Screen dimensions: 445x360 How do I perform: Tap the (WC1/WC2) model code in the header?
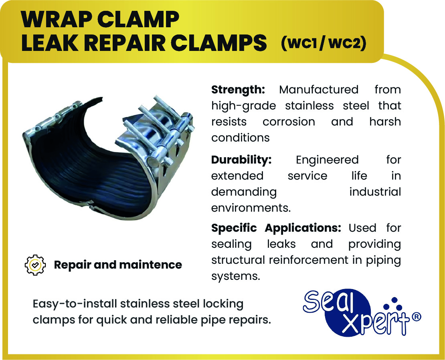[324, 43]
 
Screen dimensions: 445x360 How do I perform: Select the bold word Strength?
[238, 90]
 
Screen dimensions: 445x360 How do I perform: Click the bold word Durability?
[241, 160]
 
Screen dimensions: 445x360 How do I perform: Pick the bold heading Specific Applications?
[276, 228]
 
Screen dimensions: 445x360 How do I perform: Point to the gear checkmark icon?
[35, 265]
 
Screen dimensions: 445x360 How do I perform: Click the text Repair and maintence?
[118, 265]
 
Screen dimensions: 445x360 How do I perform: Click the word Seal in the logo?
[329, 301]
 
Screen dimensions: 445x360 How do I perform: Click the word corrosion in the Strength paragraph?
[289, 122]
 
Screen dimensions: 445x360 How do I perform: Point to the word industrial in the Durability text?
[375, 192]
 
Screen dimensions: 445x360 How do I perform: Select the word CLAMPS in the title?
[218, 43]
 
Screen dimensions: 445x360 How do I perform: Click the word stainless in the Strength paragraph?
[309, 105]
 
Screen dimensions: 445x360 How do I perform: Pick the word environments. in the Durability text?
[251, 208]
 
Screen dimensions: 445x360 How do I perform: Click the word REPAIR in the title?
[124, 43]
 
